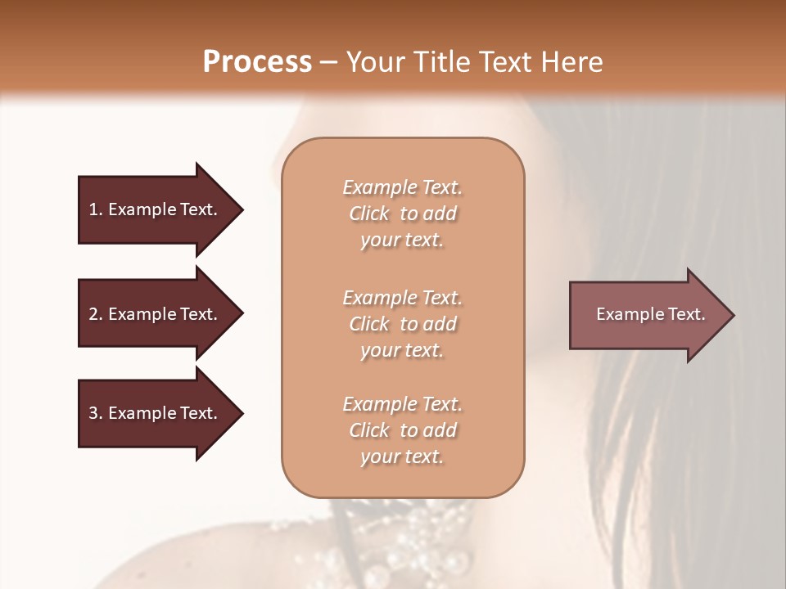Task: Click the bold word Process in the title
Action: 257,62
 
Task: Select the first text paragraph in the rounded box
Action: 402,214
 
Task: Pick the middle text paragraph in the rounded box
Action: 402,324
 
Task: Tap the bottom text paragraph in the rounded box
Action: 402,430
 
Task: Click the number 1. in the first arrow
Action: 96,209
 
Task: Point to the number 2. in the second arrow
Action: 96,314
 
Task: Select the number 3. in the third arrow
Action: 96,413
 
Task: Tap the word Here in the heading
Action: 573,62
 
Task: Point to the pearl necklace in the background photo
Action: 409,540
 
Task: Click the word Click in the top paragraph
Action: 369,214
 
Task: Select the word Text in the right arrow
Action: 686,314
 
